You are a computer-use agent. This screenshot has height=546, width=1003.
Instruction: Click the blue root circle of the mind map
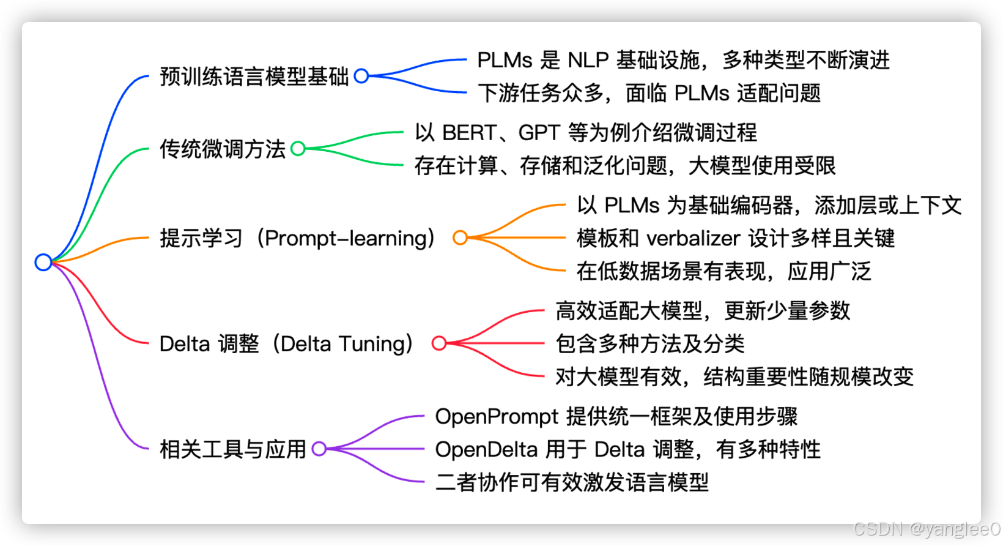click(x=43, y=262)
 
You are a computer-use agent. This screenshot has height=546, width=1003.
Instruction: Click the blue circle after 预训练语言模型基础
click(x=361, y=76)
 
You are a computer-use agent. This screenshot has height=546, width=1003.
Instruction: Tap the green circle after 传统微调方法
click(x=298, y=148)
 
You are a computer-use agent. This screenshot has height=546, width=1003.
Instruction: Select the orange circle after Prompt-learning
click(x=460, y=237)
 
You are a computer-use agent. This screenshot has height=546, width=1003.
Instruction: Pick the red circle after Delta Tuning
click(x=439, y=343)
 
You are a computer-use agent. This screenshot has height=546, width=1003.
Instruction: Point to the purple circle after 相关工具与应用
click(x=319, y=449)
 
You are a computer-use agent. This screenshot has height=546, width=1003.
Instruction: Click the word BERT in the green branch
click(x=469, y=132)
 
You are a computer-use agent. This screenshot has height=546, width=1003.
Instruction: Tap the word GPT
click(x=539, y=132)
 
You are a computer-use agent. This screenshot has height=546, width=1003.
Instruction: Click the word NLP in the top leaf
click(x=588, y=60)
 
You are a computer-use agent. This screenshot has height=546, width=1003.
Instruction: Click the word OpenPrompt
click(x=497, y=416)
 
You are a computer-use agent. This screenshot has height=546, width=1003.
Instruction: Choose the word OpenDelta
click(x=486, y=449)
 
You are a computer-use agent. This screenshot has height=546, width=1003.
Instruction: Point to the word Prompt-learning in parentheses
click(x=346, y=238)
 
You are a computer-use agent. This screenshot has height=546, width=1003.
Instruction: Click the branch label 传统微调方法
click(x=223, y=149)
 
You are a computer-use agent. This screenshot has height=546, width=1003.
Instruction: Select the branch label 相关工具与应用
click(x=232, y=449)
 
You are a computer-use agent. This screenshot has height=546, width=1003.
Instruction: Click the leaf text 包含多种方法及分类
click(x=650, y=344)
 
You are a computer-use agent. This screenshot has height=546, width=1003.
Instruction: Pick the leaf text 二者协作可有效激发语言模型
click(x=572, y=482)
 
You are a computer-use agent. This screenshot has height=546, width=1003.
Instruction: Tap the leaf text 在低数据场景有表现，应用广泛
click(x=724, y=271)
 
